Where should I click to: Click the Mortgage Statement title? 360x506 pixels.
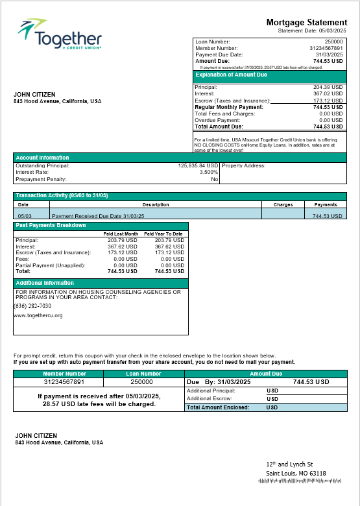(x=306, y=23)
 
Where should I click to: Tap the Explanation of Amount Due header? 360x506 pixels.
(x=232, y=75)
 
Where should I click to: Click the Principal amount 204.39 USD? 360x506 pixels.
(x=328, y=87)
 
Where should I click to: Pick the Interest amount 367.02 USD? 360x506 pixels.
(x=328, y=94)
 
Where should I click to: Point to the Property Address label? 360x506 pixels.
(x=243, y=165)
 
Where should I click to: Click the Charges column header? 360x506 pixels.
(x=283, y=204)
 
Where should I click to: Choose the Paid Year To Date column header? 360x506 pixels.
(x=163, y=234)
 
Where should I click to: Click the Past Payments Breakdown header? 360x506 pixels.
(x=51, y=225)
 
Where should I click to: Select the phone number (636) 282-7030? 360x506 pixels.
(x=33, y=306)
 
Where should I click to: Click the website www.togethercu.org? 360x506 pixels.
(x=38, y=315)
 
